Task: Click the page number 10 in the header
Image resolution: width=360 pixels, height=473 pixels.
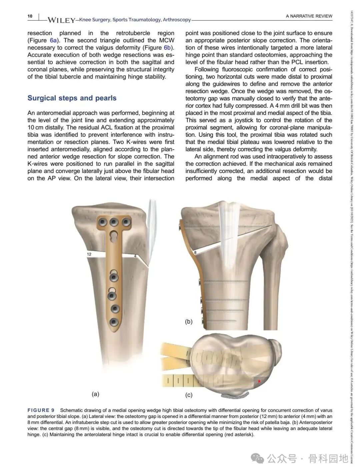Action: [x=30, y=16]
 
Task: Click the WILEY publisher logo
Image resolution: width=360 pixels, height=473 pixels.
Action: [x=61, y=20]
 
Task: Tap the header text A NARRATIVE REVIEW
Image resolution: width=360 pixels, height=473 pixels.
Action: [x=309, y=16]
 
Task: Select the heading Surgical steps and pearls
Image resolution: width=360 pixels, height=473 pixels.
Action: [x=72, y=98]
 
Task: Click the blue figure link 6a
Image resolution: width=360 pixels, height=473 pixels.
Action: [x=53, y=40]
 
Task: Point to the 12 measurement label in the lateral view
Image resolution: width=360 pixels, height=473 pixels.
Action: [x=89, y=254]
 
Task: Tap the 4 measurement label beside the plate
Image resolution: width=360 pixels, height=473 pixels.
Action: [x=135, y=256]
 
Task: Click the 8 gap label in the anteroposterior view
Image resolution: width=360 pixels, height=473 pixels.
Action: [x=195, y=253]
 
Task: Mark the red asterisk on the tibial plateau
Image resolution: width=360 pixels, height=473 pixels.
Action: [x=259, y=381]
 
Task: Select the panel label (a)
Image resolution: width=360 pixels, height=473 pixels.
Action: [x=95, y=394]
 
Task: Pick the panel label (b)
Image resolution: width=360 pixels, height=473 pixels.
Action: [x=189, y=322]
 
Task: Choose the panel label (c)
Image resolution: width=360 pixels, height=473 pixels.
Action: [x=189, y=395]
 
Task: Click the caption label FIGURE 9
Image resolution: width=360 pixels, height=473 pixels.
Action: [x=41, y=410]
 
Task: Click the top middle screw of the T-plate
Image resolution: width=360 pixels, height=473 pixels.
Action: [x=114, y=222]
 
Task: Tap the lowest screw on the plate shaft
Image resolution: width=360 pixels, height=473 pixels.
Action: [x=114, y=322]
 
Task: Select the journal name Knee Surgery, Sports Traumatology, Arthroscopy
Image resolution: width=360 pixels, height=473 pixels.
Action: [x=135, y=20]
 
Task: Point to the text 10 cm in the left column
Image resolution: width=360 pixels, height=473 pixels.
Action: [x=35, y=128]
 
